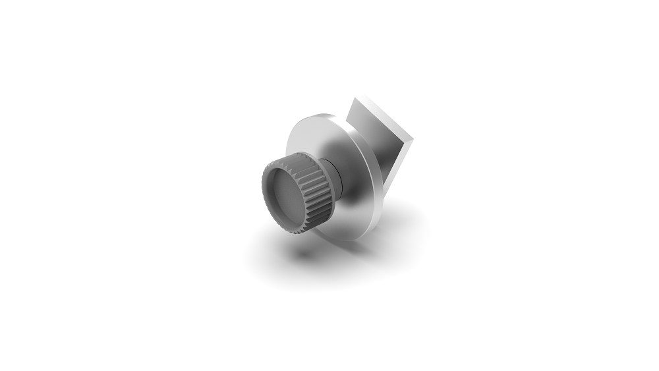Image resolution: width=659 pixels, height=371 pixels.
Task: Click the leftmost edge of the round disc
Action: tap(287, 152)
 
